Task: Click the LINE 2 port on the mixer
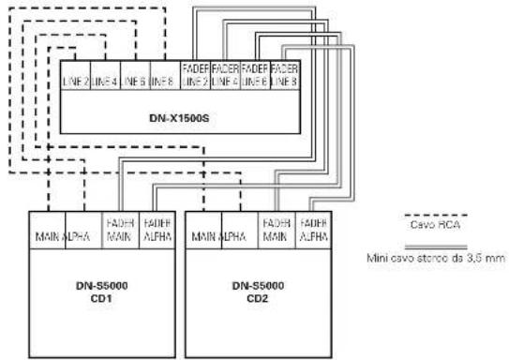(x=76, y=82)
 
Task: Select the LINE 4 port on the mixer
(x=105, y=82)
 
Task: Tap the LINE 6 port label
(x=133, y=82)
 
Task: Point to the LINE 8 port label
(x=162, y=82)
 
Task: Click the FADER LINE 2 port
(x=196, y=76)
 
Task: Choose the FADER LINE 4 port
(x=225, y=76)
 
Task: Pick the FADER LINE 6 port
(x=253, y=76)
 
